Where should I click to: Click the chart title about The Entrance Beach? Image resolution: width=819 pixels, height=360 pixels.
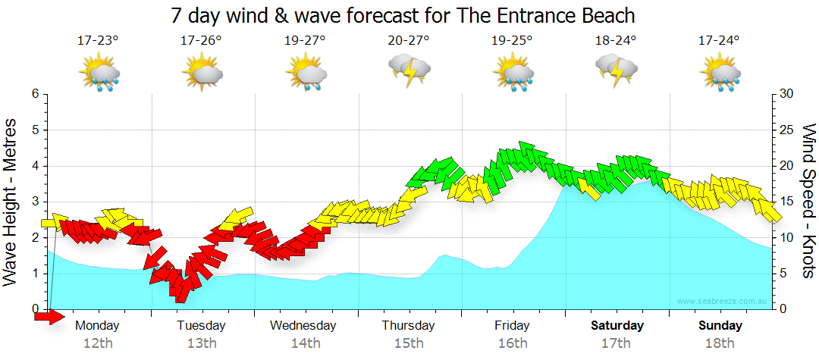[x=402, y=15]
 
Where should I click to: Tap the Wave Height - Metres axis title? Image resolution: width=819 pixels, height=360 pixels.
[x=12, y=202]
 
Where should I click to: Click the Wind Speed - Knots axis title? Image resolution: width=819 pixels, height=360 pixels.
[x=807, y=202]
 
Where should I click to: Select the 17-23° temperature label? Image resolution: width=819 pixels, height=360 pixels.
[x=98, y=40]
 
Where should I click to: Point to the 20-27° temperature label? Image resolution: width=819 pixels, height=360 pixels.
[x=409, y=40]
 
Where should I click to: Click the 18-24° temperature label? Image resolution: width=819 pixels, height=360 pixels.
[x=616, y=40]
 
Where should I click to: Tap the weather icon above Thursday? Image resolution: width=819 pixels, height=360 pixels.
[x=409, y=73]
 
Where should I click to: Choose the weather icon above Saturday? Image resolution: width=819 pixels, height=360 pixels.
[x=617, y=73]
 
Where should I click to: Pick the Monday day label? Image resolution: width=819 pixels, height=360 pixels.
[x=98, y=326]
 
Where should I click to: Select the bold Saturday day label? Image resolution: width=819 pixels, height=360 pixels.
[x=617, y=326]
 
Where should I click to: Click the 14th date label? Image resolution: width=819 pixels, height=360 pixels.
[x=305, y=343]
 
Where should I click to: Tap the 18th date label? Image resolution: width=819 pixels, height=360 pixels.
[x=720, y=343]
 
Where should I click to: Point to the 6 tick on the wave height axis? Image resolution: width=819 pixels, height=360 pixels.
[x=35, y=94]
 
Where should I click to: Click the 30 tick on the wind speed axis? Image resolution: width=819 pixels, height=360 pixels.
[x=786, y=94]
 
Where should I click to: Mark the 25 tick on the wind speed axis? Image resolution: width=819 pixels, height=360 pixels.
[x=786, y=130]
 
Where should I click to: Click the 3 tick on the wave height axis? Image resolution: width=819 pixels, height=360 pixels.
[x=35, y=202]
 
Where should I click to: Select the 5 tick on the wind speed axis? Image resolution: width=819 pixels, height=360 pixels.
[x=783, y=274]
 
